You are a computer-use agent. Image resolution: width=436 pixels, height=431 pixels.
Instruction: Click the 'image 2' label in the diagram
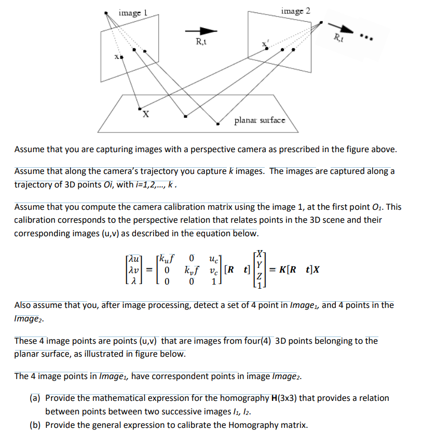(296, 10)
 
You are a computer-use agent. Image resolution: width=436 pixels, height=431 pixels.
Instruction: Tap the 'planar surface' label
(260, 120)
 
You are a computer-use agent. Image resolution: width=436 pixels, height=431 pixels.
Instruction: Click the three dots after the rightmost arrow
(367, 39)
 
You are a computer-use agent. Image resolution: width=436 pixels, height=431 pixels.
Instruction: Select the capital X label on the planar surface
(146, 114)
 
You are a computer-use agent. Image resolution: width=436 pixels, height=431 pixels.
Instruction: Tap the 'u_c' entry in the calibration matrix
(213, 258)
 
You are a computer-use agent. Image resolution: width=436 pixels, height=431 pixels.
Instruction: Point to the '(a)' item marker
(36, 398)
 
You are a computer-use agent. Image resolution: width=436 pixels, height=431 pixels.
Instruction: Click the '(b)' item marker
(36, 424)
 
